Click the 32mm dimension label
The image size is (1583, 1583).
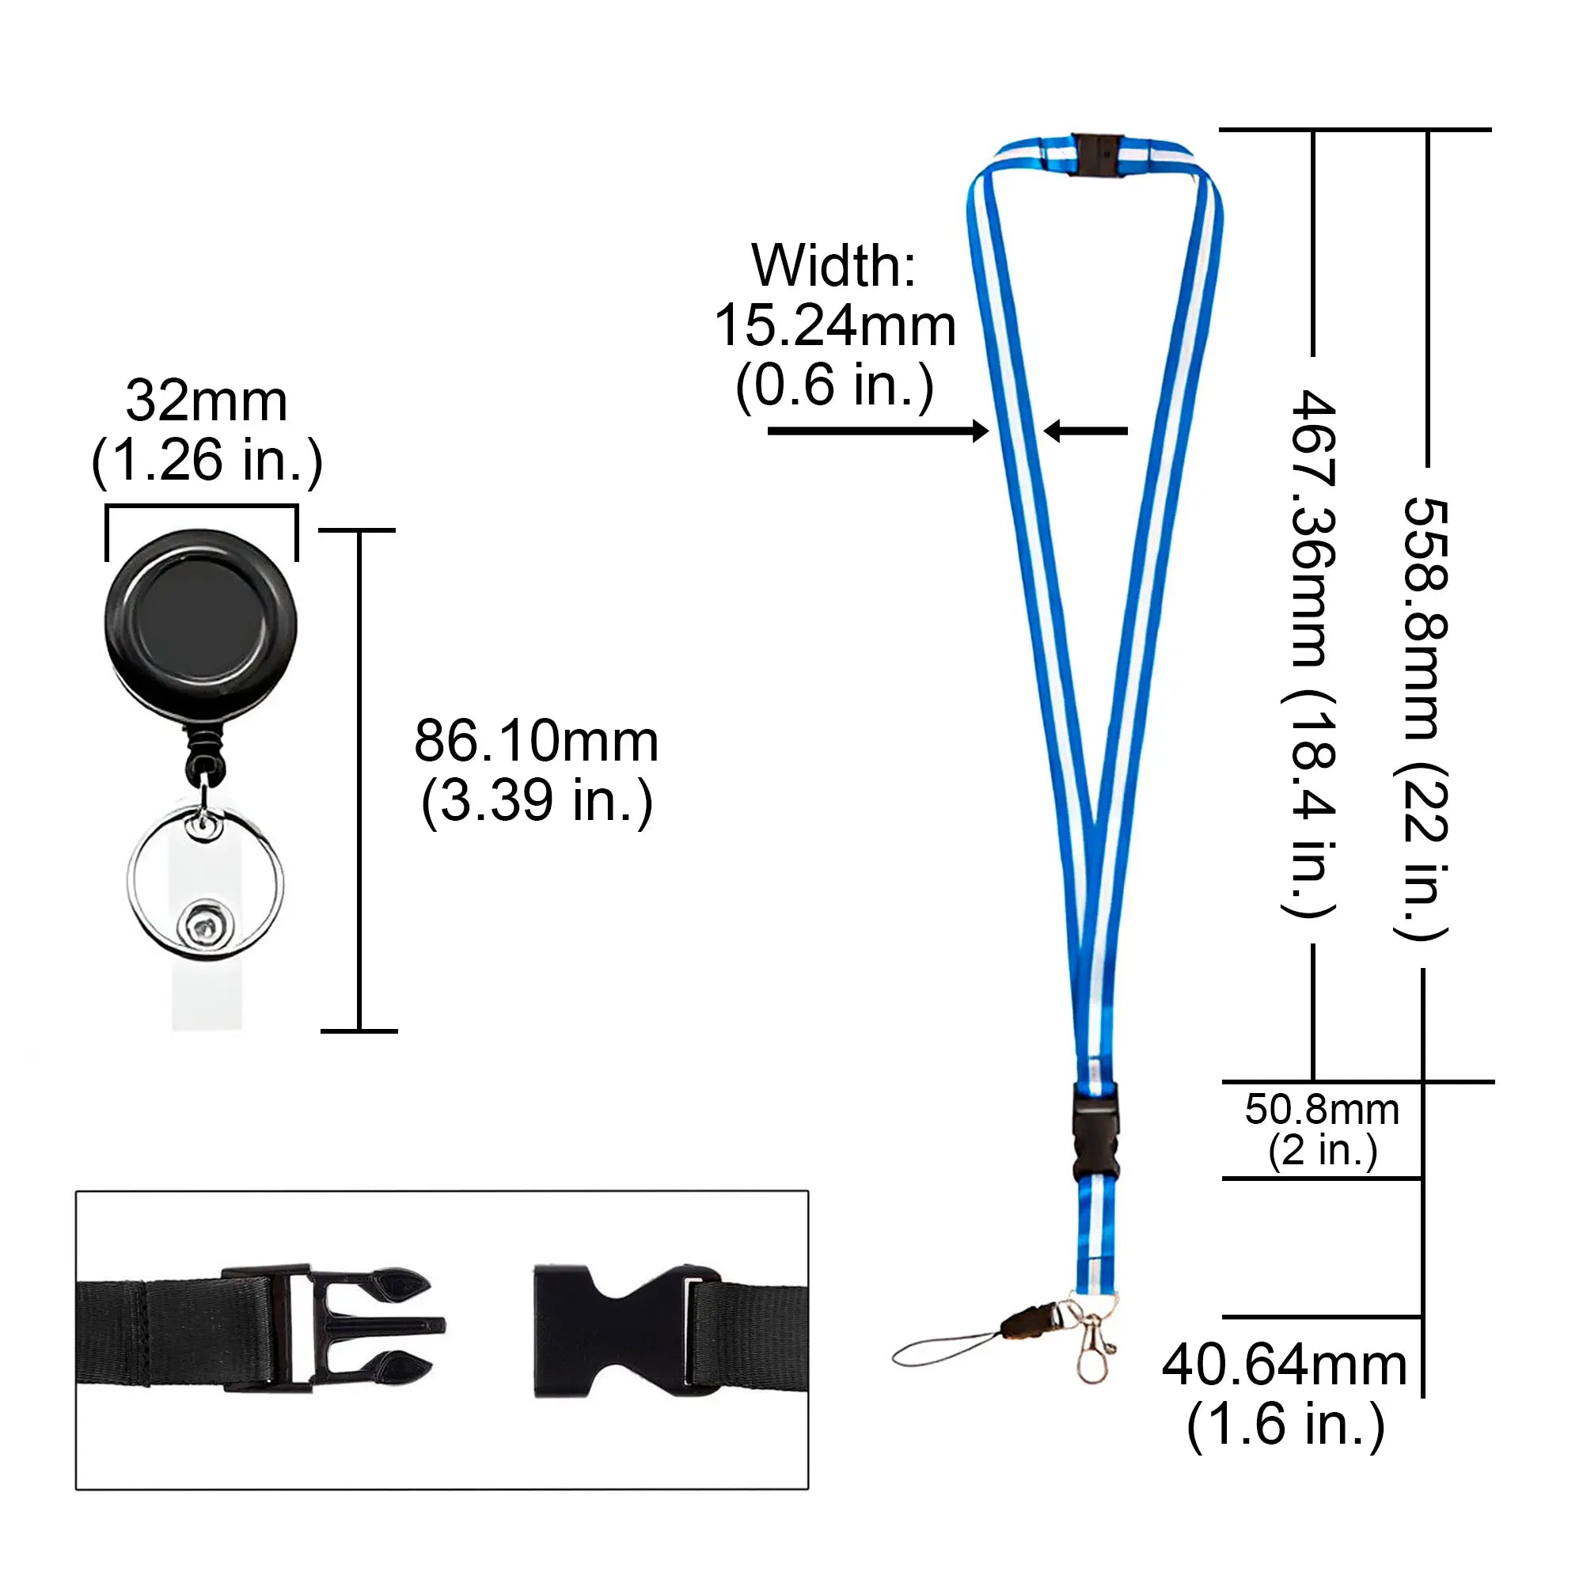pyautogui.click(x=207, y=401)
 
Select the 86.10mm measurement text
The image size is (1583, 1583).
pyautogui.click(x=537, y=741)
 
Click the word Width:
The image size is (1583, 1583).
pyautogui.click(x=833, y=265)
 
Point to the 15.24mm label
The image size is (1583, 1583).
pyautogui.click(x=835, y=325)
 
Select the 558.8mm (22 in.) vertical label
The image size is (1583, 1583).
pyautogui.click(x=1424, y=717)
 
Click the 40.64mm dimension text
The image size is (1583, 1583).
pyautogui.click(x=1285, y=1366)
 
